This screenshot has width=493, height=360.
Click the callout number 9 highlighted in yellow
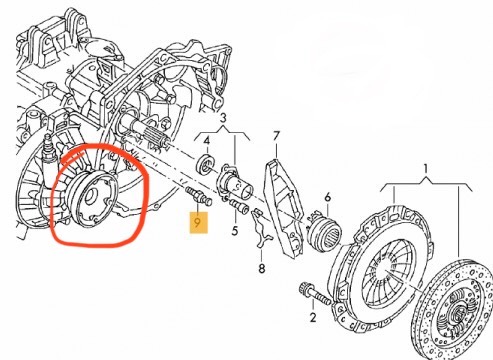pyautogui.click(x=198, y=222)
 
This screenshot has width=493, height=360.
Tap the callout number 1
pyautogui.click(x=426, y=169)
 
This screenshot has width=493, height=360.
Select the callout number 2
pyautogui.click(x=313, y=317)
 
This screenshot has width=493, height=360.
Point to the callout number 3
pyautogui.click(x=223, y=118)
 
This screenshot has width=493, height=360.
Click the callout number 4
pyautogui.click(x=207, y=141)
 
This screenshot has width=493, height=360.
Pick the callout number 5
pyautogui.click(x=235, y=230)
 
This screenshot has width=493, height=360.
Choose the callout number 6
pyautogui.click(x=328, y=198)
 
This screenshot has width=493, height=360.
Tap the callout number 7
pyautogui.click(x=276, y=136)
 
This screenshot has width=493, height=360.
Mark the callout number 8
pyautogui.click(x=262, y=268)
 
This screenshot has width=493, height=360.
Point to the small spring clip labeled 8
pyautogui.click(x=262, y=228)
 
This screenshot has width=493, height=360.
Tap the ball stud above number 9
pyautogui.click(x=198, y=197)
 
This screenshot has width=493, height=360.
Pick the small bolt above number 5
pyautogui.click(x=239, y=206)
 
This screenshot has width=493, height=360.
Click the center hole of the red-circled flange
pyautogui.click(x=91, y=197)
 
